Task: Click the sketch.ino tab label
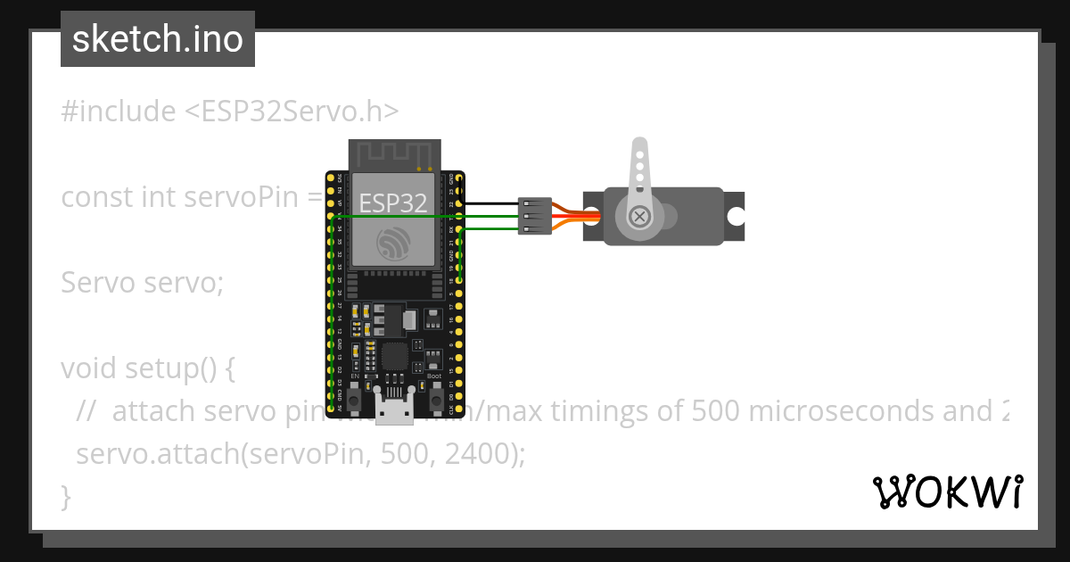(158, 39)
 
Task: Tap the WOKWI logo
(947, 492)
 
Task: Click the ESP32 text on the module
(392, 203)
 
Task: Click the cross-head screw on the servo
(639, 216)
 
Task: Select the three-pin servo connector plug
(535, 216)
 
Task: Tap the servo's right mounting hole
(735, 216)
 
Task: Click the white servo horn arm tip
(639, 147)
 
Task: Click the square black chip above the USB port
(393, 358)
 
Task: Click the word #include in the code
(119, 112)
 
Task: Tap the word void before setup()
(89, 368)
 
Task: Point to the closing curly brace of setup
(65, 496)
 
